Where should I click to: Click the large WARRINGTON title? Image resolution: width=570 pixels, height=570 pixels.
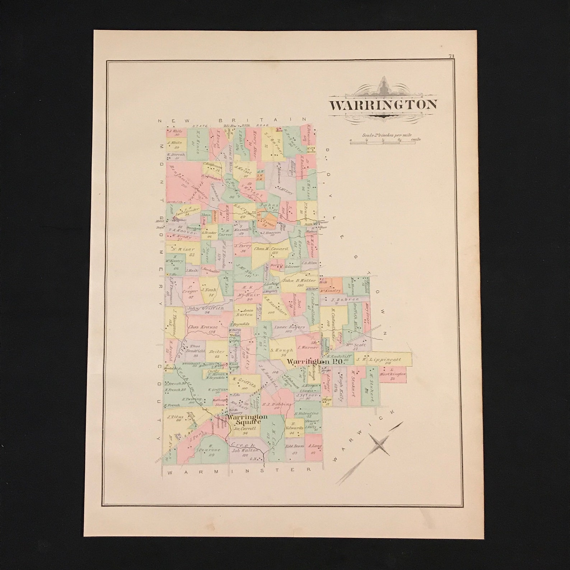[x=383, y=105]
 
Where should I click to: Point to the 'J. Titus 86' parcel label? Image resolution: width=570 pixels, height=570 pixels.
[x=176, y=419]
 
